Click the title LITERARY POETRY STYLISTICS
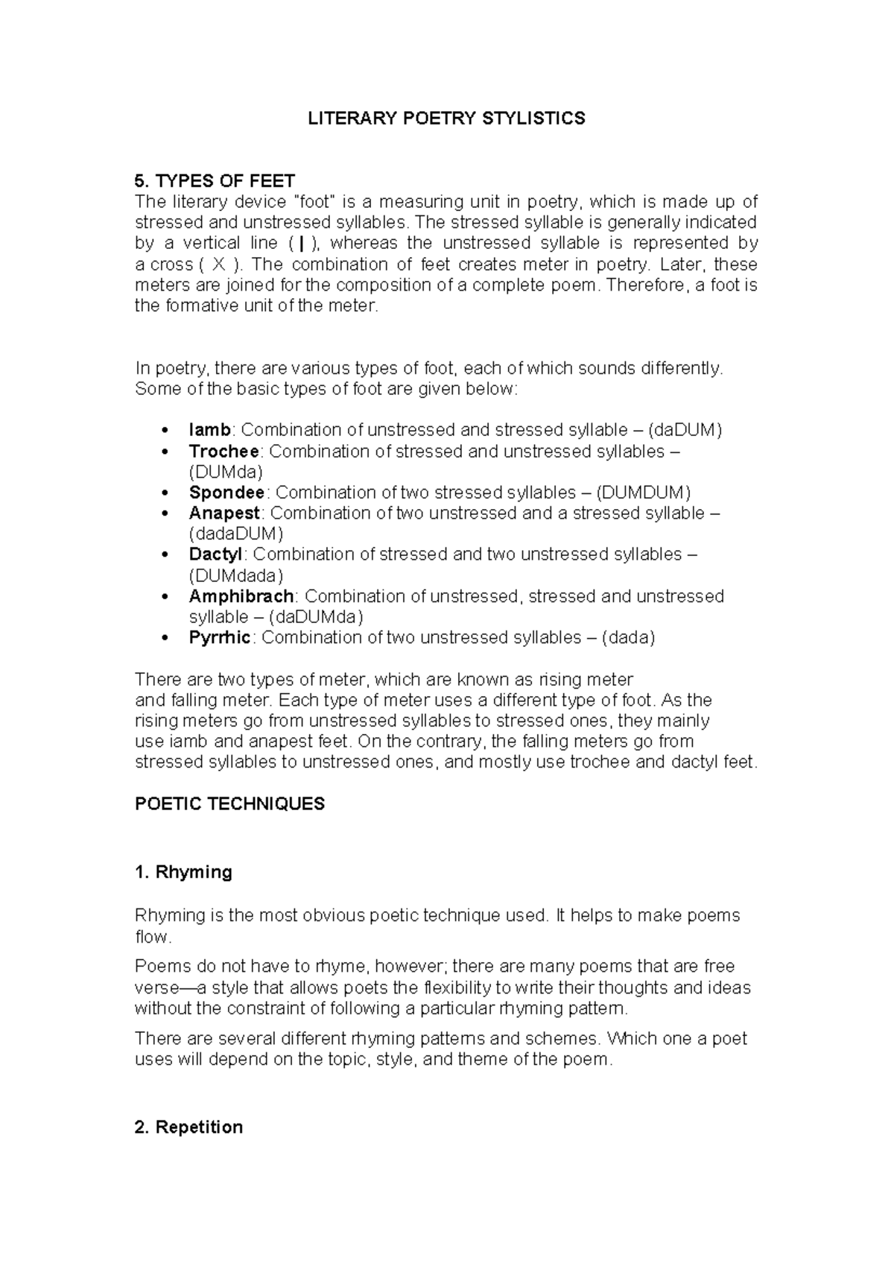pos(447,118)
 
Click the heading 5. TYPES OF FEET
pos(215,181)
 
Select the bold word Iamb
pos(210,430)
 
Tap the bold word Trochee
pos(224,451)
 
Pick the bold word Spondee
pos(226,493)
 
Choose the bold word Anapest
pos(224,513)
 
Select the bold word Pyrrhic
pos(220,638)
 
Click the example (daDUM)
pos(685,430)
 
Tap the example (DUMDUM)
pos(644,493)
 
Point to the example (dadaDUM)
pos(236,534)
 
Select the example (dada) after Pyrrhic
pos(628,638)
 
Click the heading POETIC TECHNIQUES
pos(229,804)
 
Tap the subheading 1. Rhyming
pos(183,872)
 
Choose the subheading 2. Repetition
pos(188,1127)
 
